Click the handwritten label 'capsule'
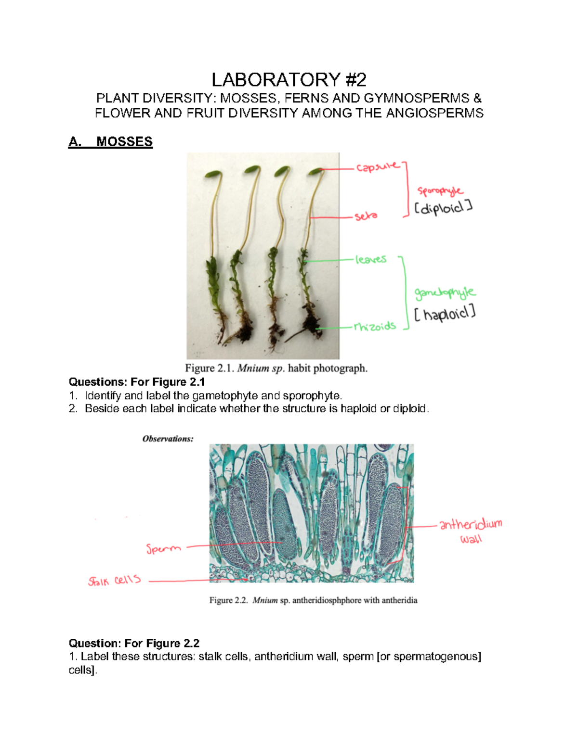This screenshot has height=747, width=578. [378, 167]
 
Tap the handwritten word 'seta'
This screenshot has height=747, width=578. [366, 216]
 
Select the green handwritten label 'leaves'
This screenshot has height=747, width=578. [371, 260]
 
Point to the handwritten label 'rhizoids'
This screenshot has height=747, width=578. [375, 327]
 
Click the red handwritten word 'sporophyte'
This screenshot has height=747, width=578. [440, 191]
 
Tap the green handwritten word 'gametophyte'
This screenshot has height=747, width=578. [445, 292]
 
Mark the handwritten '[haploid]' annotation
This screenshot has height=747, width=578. [445, 315]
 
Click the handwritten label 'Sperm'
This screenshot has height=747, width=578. [164, 548]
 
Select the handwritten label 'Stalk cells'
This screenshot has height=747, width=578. [115, 581]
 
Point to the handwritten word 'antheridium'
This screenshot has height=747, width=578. [471, 524]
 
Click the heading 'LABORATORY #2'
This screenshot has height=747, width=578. [289, 79]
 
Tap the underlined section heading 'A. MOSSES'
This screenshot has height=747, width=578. [111, 142]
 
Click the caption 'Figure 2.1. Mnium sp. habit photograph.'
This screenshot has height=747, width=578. [276, 368]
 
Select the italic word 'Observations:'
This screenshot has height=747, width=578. [168, 439]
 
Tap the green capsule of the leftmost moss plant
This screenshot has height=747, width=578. [212, 174]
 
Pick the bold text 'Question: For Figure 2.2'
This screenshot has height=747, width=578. [134, 644]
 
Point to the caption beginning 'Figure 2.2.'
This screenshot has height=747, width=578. [313, 600]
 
